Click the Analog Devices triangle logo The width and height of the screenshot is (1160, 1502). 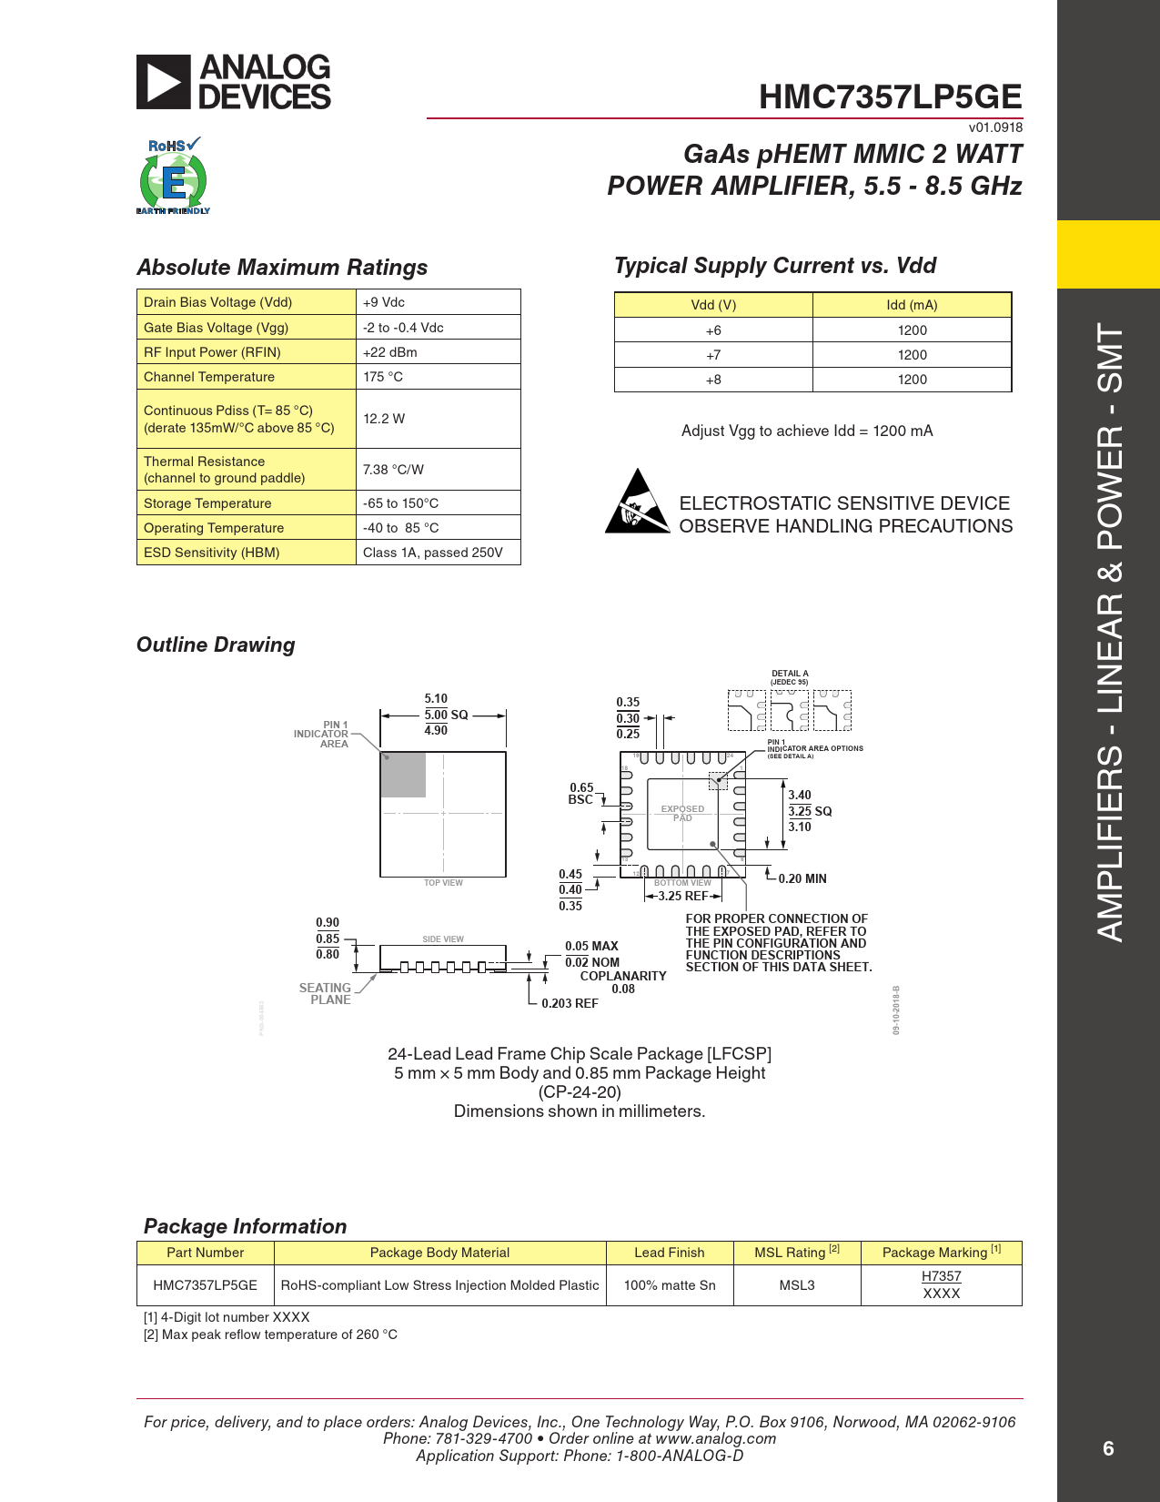164,82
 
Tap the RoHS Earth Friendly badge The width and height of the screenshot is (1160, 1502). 173,177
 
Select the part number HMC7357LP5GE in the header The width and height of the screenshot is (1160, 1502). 890,96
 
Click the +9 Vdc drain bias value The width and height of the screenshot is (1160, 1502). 384,302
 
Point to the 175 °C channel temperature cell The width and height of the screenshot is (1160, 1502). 383,377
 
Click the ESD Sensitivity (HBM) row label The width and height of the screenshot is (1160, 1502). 212,553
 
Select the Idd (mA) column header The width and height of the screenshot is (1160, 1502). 912,305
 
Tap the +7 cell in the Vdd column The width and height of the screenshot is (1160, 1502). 713,355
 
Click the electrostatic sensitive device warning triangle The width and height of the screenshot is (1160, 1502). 639,502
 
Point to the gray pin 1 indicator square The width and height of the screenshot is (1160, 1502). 403,775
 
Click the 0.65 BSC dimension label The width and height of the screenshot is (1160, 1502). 581,794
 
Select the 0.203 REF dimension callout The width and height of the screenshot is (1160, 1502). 570,1003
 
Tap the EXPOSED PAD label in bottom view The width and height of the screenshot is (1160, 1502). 682,813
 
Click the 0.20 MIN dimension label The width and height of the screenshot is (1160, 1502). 802,878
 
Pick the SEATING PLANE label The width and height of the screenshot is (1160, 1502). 326,993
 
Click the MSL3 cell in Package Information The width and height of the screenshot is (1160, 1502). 797,1285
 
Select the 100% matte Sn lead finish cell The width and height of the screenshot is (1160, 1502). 670,1285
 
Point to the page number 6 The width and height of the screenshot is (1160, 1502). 1108,1448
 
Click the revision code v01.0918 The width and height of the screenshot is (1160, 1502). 995,127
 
